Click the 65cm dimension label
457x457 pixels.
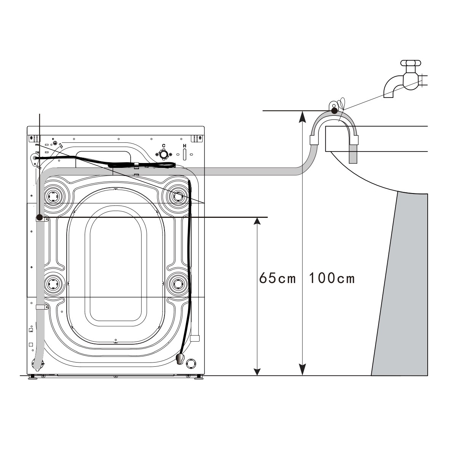pyautogui.click(x=278, y=278)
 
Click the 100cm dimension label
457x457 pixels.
pyautogui.click(x=331, y=278)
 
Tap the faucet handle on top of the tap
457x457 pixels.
pyautogui.click(x=410, y=63)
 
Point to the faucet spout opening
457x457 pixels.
pyautogui.click(x=388, y=95)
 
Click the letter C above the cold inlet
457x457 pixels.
pyautogui.click(x=164, y=145)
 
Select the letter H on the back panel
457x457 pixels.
pyautogui.click(x=184, y=145)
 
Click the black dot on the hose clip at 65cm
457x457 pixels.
pyautogui.click(x=39, y=218)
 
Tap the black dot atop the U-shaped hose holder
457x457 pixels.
pyautogui.click(x=334, y=111)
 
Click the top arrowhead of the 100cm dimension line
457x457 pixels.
pyautogui.click(x=302, y=116)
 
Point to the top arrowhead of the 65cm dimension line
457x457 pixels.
pyautogui.click(x=258, y=223)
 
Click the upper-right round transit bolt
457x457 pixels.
pyautogui.click(x=177, y=196)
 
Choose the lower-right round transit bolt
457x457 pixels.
pyautogui.click(x=177, y=284)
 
